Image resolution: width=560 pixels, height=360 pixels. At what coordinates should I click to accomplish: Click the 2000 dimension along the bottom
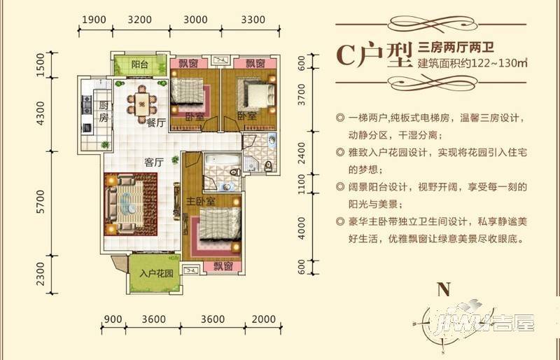point(263,319)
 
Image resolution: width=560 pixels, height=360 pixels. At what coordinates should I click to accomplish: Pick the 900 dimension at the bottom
point(112,319)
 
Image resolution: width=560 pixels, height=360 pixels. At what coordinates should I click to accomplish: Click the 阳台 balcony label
point(141,65)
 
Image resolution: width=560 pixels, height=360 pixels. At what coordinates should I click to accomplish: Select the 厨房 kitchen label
point(104,113)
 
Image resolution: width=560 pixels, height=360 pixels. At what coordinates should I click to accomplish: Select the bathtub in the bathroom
point(216,170)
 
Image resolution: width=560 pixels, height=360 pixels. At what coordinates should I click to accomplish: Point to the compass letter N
point(442,289)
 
